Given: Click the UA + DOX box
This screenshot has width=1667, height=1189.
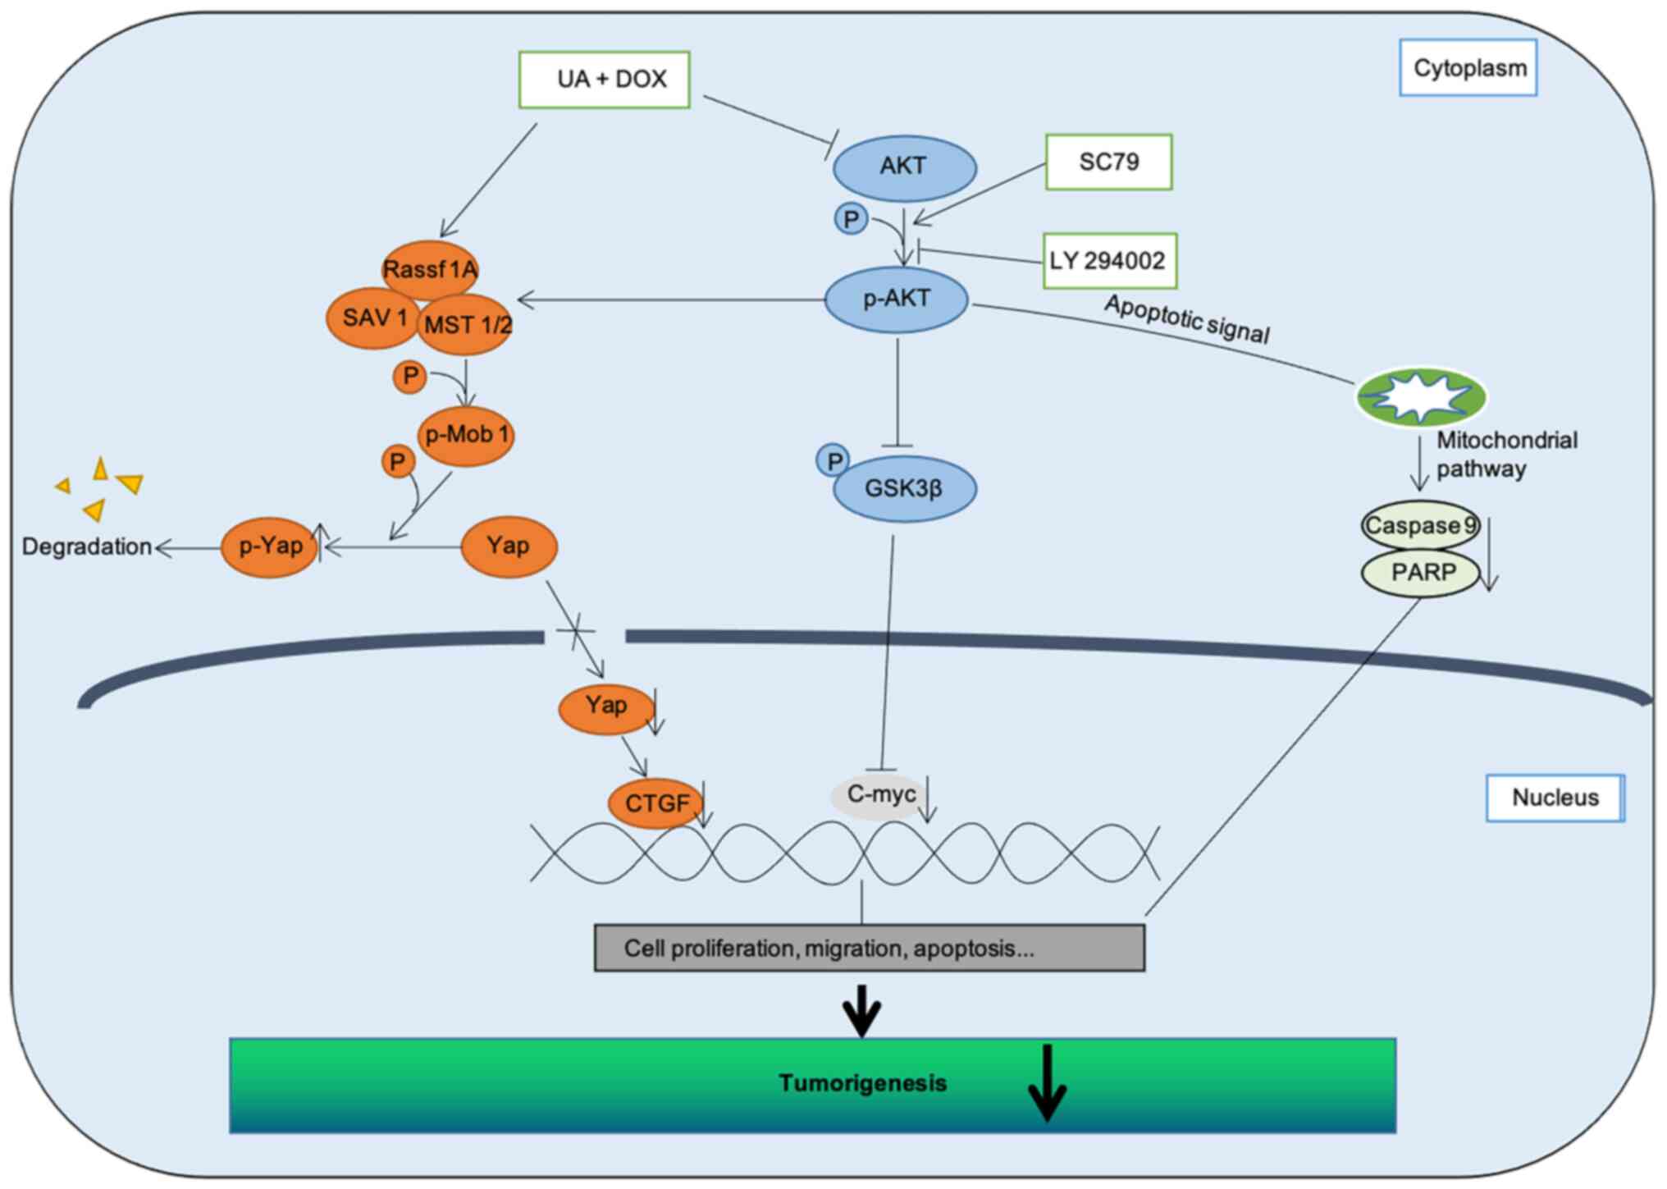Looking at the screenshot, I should pos(604,80).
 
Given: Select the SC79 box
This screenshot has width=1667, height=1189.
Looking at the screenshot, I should pos(1108,162).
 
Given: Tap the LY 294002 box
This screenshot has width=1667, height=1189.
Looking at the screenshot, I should pos(1109,261).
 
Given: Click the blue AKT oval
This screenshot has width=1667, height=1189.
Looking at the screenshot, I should pos(904,167).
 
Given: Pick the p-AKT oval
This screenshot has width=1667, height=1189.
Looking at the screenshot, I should pos(896,299).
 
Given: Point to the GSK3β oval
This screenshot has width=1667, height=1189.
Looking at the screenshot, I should pos(904,489).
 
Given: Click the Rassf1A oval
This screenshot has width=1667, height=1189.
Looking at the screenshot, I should pos(430,268).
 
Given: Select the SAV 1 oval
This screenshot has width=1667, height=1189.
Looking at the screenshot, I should pos(373,318).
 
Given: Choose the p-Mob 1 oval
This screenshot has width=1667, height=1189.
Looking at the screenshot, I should pos(466,435).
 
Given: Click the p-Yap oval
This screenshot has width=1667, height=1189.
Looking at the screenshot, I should pos(270,546).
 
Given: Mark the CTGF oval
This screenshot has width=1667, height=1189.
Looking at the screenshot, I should pos(655,803).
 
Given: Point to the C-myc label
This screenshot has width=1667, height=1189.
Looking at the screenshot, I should pos(880,794).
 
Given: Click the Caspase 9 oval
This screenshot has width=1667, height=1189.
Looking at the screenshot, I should pos(1419,525).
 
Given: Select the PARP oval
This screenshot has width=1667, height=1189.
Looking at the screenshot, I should pos(1422,572).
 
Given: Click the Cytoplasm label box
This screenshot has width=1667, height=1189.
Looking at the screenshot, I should pos(1468,68).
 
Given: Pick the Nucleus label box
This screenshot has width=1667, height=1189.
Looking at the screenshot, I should pos(1555,798).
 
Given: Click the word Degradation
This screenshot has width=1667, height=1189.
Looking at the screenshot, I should pos(87,546).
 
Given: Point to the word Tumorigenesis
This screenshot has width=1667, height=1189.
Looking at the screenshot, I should pos(862,1083).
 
